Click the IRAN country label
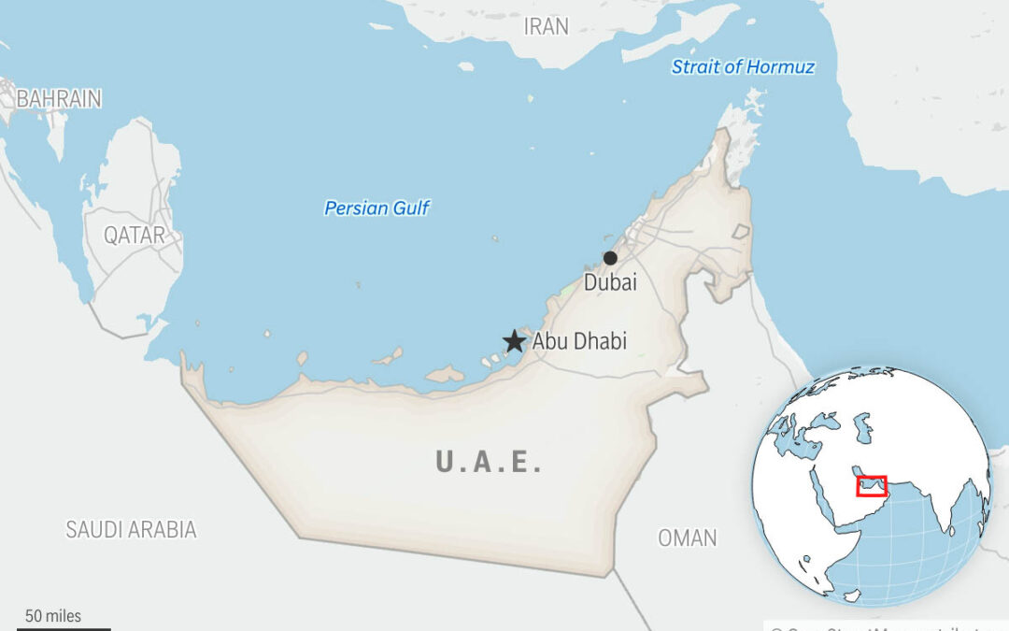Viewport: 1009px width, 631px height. [x=547, y=26]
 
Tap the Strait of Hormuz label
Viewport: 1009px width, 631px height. [x=743, y=66]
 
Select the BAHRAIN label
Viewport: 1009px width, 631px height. [x=59, y=98]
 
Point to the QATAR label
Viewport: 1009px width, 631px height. [x=135, y=235]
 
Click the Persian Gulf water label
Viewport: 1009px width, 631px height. [x=377, y=208]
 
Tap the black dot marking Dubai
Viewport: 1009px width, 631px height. [x=610, y=258]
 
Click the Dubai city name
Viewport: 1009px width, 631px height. [x=610, y=281]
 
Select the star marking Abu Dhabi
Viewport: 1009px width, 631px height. [x=514, y=341]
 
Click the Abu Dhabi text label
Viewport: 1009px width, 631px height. [x=579, y=341]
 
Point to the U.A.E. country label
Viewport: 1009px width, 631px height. [x=489, y=462]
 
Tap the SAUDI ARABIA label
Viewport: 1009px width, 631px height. [x=131, y=530]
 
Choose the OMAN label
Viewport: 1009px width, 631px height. [x=688, y=538]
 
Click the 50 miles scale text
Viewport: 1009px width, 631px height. [x=53, y=616]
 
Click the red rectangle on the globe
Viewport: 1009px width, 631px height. [x=871, y=486]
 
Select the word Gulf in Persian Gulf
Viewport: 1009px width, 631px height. [x=411, y=208]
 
